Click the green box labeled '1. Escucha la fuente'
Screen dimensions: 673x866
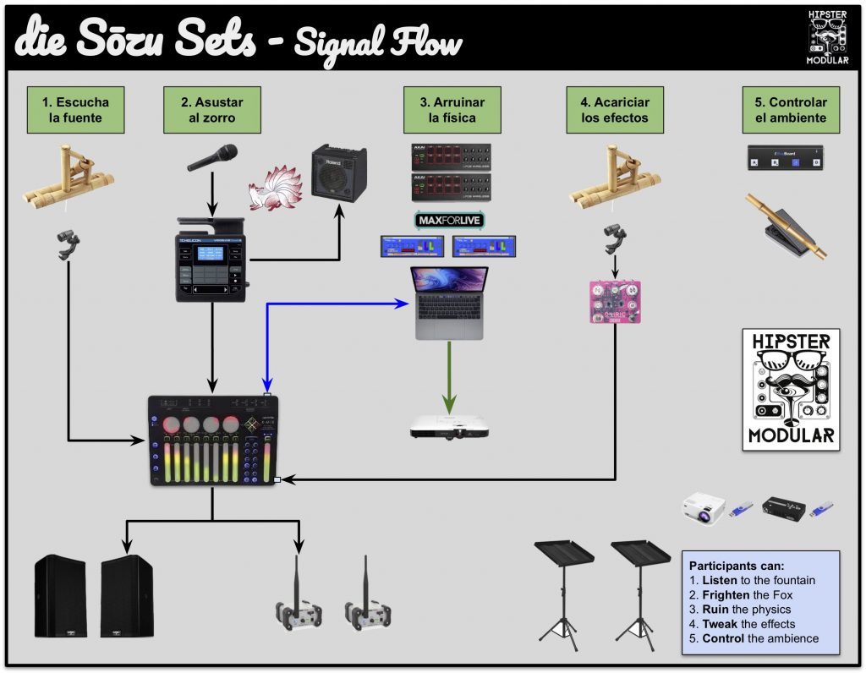[74, 109]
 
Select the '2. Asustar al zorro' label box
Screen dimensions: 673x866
[211, 109]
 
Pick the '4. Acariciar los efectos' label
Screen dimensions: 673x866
[615, 109]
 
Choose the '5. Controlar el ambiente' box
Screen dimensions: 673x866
[791, 109]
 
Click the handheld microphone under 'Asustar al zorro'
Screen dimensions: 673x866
[211, 157]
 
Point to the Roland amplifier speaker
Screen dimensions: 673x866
[339, 173]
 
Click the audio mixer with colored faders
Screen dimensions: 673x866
[212, 440]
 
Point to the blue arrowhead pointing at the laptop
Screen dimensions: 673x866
[403, 302]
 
